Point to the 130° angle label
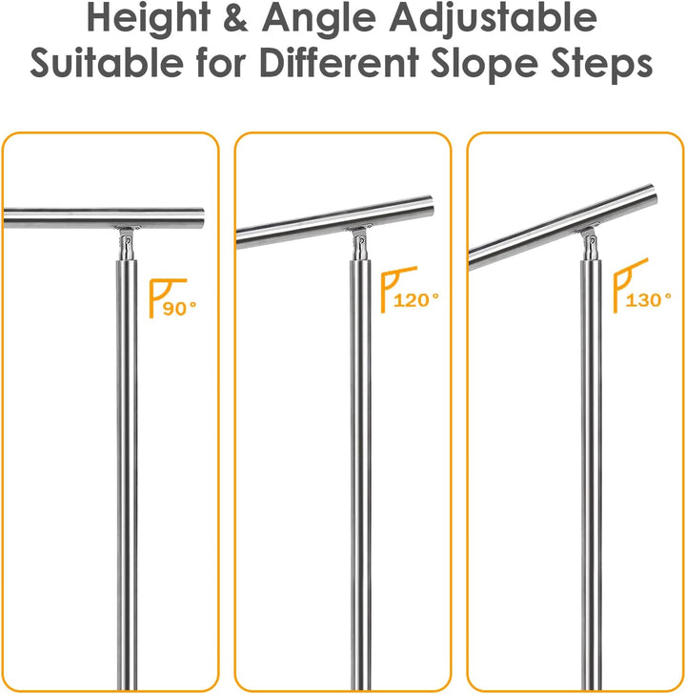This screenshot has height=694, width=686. tap(649, 299)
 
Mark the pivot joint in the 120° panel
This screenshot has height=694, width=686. tap(360, 246)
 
